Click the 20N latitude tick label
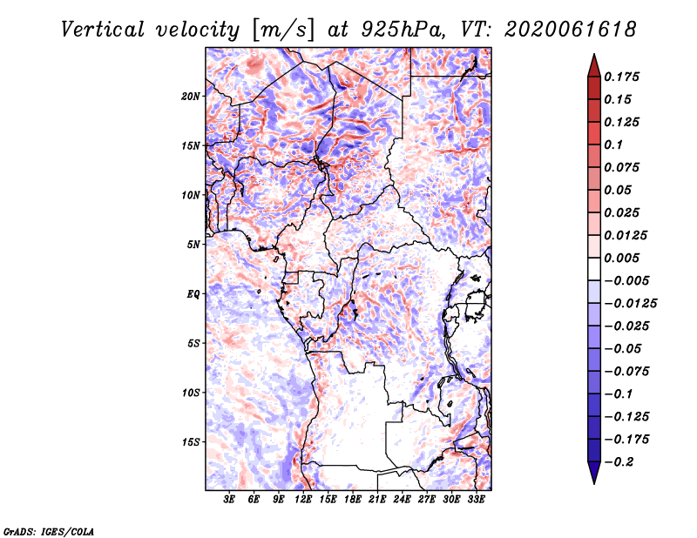(x=190, y=97)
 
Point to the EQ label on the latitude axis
(x=193, y=294)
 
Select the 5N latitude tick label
(x=193, y=245)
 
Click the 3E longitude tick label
(x=229, y=500)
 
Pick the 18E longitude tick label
(x=352, y=500)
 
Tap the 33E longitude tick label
(x=476, y=500)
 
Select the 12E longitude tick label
(x=302, y=500)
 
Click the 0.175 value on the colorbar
(x=621, y=77)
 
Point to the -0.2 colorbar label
(x=619, y=462)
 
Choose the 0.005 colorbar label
(x=621, y=258)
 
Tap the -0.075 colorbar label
(x=626, y=372)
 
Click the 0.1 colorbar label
(x=613, y=145)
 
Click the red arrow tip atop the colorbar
(x=594, y=55)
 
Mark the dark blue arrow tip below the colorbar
(x=594, y=482)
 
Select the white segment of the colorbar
(x=594, y=269)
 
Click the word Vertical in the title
(x=103, y=30)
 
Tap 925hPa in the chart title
(x=403, y=30)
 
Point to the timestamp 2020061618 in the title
(x=571, y=30)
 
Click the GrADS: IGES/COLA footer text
(x=49, y=531)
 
